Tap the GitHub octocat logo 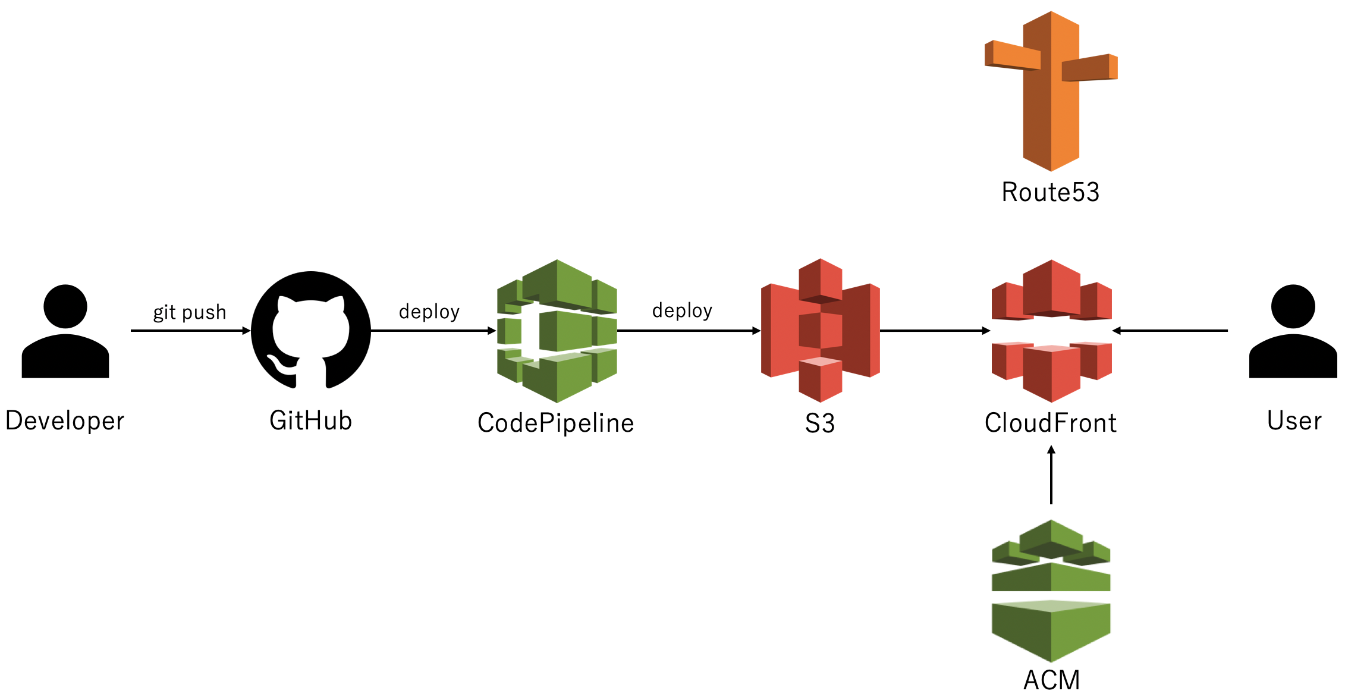tap(310, 330)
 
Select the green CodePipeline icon tap(557, 331)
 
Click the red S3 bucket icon tap(821, 330)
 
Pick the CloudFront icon tap(1051, 331)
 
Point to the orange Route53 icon tap(1051, 91)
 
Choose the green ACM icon tap(1051, 591)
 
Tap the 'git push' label tap(190, 312)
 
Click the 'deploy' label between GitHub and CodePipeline tap(429, 311)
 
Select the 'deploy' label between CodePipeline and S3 tap(682, 310)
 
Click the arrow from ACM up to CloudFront tap(1051, 476)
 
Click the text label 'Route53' tap(1051, 192)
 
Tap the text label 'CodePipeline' tap(556, 423)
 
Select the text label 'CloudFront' tap(1051, 423)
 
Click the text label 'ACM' tap(1051, 680)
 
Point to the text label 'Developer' tap(65, 421)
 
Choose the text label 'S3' tap(820, 423)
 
